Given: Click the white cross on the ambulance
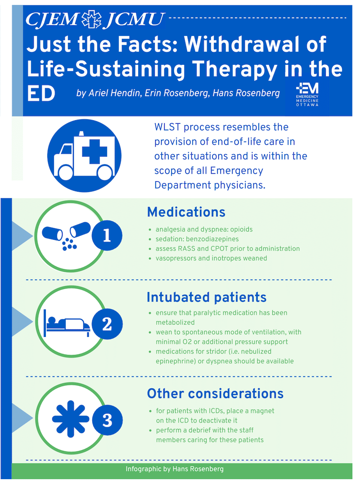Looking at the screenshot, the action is pyautogui.click(x=94, y=151).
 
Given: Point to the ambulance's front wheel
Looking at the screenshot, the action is pyautogui.click(x=66, y=172).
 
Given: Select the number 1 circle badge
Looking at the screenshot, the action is pyautogui.click(x=107, y=236).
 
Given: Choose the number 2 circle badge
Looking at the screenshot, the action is pyautogui.click(x=107, y=324).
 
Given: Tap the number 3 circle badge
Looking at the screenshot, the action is pyautogui.click(x=107, y=420).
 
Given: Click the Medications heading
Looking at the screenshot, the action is pyautogui.click(x=186, y=212).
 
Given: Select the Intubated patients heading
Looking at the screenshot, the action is pyautogui.click(x=207, y=297).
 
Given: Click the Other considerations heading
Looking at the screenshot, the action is pyautogui.click(x=215, y=394).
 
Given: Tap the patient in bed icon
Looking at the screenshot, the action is pyautogui.click(x=67, y=323).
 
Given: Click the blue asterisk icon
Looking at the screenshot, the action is pyautogui.click(x=71, y=419).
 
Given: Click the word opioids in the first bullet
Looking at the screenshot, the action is pyautogui.click(x=241, y=229).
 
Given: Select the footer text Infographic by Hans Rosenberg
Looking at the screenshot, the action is pyautogui.click(x=175, y=469).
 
